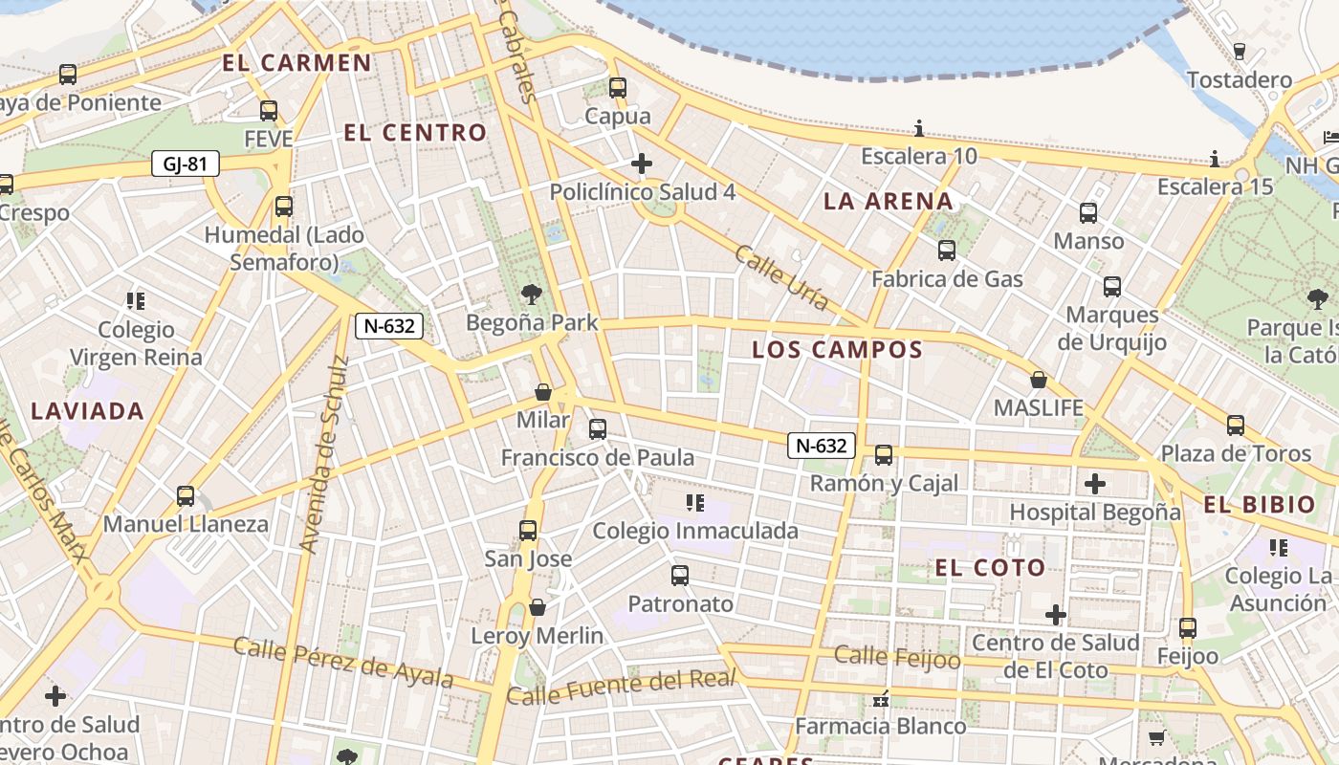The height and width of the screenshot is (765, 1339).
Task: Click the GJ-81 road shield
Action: (186, 164)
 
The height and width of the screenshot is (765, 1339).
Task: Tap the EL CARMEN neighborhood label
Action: (296, 63)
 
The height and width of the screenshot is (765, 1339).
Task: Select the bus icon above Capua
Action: (618, 88)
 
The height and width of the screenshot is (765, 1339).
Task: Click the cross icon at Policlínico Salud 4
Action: (642, 164)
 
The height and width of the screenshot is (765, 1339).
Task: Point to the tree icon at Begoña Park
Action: (531, 295)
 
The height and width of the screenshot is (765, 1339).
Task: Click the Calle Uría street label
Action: (781, 277)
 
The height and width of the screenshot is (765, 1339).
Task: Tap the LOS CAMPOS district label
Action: (837, 349)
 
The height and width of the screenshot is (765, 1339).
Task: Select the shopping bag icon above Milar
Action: (543, 392)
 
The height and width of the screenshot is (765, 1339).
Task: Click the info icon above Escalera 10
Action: (919, 128)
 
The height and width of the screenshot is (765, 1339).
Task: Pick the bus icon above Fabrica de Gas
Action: (947, 251)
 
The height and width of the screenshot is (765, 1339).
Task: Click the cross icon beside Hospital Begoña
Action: (1095, 484)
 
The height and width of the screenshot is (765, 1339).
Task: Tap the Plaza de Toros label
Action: (1236, 453)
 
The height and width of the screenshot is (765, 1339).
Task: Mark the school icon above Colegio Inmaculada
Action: (695, 502)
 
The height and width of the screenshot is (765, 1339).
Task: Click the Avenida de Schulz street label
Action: (320, 454)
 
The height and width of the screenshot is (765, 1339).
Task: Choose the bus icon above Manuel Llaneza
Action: (186, 496)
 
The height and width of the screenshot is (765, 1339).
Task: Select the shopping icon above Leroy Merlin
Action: (538, 607)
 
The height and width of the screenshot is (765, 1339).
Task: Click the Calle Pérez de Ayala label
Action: (343, 661)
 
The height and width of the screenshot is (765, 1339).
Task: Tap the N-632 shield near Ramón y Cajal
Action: (822, 445)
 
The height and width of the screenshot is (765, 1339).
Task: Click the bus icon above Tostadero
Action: (1240, 52)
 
